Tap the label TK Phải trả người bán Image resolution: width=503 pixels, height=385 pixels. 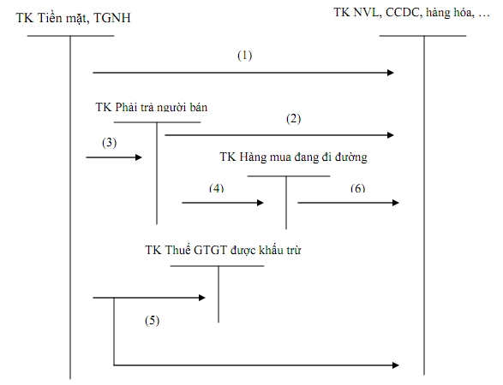point(152,108)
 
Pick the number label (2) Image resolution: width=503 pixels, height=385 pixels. point(294,119)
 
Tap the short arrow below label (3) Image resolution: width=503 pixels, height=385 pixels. point(115,157)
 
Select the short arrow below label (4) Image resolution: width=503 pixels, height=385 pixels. point(223,203)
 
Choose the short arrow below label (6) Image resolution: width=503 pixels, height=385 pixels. point(348,203)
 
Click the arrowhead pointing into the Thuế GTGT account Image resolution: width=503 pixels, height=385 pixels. point(202,298)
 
